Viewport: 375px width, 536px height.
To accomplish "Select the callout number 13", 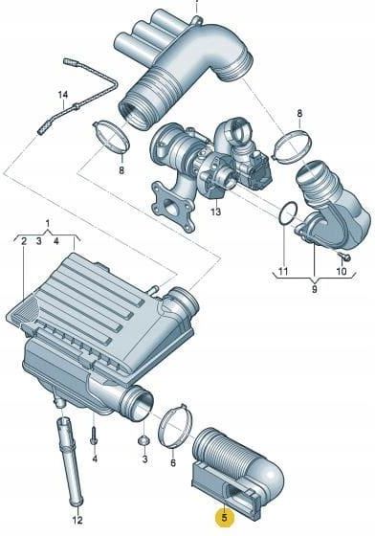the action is click(x=215, y=212).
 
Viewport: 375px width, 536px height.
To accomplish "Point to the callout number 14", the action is click(x=63, y=95).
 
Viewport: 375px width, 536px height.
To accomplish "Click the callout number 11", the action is click(x=283, y=272).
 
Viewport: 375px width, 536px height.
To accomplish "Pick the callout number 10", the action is click(x=342, y=272).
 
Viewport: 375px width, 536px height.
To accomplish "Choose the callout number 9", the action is click(x=314, y=289).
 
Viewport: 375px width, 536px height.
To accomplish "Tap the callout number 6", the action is click(x=173, y=463).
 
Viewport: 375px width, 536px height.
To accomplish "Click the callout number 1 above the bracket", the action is click(x=48, y=224).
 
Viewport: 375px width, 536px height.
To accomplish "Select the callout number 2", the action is click(x=24, y=241).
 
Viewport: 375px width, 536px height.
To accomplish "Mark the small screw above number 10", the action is click(x=344, y=257).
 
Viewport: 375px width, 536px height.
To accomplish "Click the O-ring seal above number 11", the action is click(x=288, y=214).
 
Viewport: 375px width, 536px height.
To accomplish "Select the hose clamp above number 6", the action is click(x=175, y=426).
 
